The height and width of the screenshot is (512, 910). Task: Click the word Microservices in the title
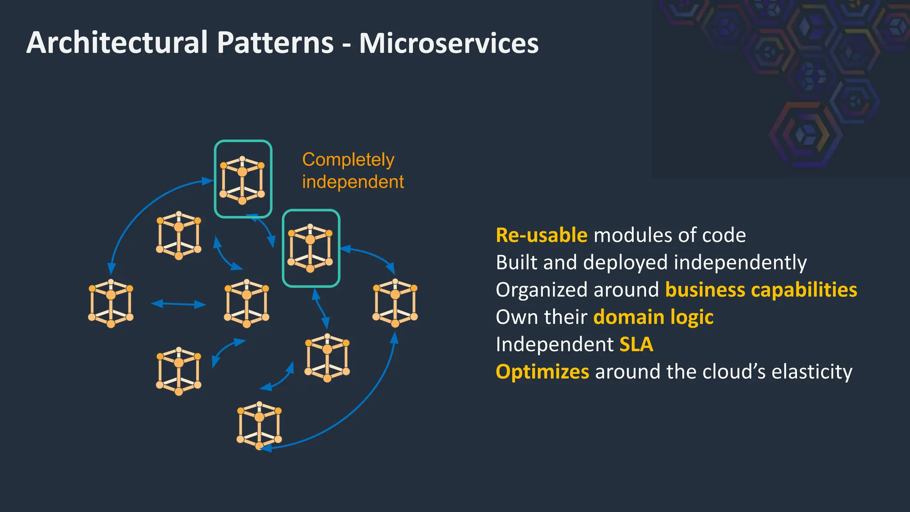coord(449,43)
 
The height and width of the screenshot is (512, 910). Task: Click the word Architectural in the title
coord(117,43)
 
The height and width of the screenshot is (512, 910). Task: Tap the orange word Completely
coord(348,160)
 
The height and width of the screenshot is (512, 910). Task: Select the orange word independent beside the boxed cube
coord(353,182)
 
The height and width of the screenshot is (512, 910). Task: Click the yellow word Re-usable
coord(541,235)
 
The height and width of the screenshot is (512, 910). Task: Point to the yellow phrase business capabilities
coord(761,290)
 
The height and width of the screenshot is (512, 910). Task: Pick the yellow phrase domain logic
coord(653,317)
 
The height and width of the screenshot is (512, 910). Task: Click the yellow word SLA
coord(636,344)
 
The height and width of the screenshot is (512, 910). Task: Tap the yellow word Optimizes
coord(542,372)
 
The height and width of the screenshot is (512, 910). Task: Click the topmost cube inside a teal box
coord(243,180)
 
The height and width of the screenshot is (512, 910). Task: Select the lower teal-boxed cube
coord(311,248)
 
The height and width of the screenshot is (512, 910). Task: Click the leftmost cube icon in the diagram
coord(111,303)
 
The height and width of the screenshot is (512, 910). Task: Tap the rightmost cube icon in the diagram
coord(395,303)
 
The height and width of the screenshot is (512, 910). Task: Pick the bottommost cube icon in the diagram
coord(259,425)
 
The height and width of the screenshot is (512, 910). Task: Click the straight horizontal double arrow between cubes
coord(179,304)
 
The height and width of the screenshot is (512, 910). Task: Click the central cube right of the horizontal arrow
coord(247,303)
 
